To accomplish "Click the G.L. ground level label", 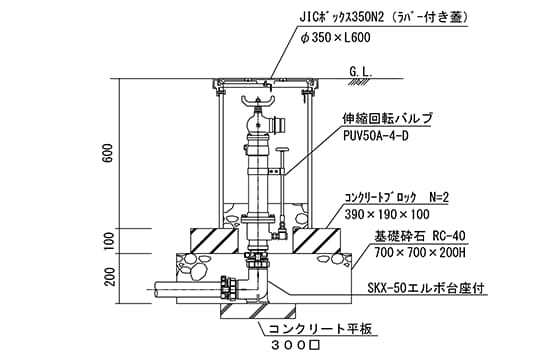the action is tap(361, 72).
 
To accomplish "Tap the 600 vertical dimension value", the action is tap(107, 153).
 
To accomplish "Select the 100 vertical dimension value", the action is tap(108, 241).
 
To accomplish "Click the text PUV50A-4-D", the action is tap(376, 136).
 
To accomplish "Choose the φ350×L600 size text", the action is tap(335, 37).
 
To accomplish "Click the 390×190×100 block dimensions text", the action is tap(387, 214).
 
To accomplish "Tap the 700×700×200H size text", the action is tap(420, 253).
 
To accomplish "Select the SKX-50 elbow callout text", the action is tap(427, 288).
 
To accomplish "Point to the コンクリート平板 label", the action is tap(320, 329).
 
